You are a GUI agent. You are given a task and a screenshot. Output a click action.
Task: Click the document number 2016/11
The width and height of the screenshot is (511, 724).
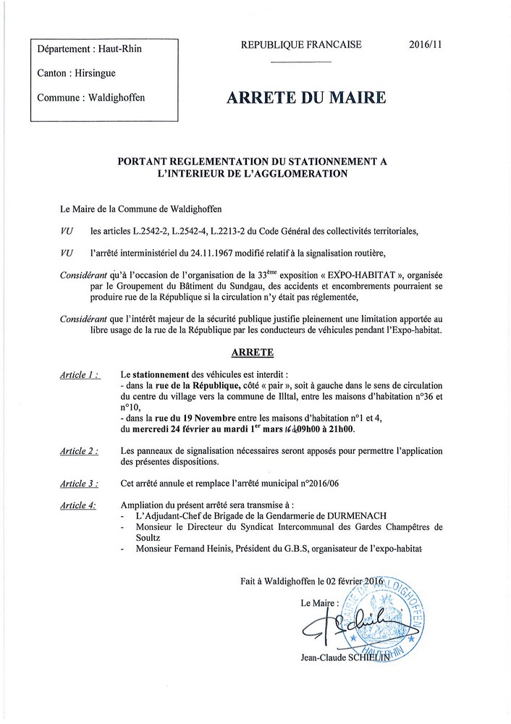[426, 44]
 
